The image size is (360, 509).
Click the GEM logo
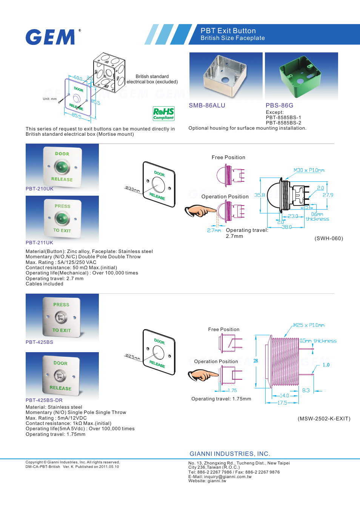tap(51, 37)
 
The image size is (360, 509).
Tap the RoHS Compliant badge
tap(163, 113)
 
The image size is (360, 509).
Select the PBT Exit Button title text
tap(228, 31)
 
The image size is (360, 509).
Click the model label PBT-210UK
tap(40, 189)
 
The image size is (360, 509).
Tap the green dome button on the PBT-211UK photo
tap(62, 218)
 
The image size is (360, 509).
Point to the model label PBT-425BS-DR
tap(44, 400)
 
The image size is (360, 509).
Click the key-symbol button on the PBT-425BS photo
tap(61, 317)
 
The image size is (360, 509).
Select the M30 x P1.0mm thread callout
tap(309, 170)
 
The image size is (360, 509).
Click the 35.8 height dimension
tap(260, 195)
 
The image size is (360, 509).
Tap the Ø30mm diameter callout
tap(132, 189)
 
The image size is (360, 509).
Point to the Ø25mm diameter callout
tap(132, 357)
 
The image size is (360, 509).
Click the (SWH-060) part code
tap(329, 238)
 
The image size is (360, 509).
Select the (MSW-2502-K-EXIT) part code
tap(324, 419)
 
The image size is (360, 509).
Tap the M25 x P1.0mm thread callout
tap(309, 325)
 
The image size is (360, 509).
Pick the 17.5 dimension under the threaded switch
tap(282, 403)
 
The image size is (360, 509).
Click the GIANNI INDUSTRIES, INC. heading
tap(230, 454)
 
